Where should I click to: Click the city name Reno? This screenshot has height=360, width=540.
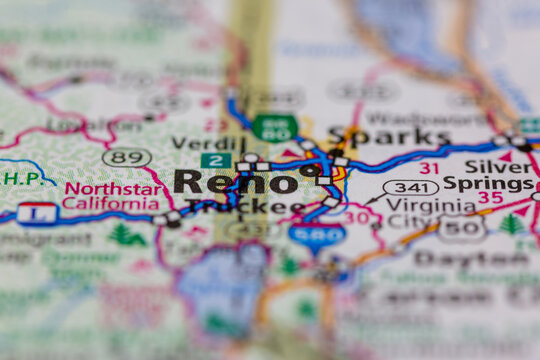235,181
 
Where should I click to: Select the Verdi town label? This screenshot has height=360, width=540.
208,143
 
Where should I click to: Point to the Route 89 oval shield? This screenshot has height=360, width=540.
127,157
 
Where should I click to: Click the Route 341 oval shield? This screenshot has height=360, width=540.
411,187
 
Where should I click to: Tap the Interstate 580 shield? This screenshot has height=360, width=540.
317,235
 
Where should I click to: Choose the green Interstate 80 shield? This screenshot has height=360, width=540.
274,128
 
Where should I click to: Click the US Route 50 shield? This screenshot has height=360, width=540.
461,229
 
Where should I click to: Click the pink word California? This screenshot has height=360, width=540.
110,203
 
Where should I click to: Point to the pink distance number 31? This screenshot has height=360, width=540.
429,167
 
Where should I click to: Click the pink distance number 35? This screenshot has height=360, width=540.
489,197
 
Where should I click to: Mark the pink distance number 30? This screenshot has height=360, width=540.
356,217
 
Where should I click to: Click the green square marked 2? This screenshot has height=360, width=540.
215,160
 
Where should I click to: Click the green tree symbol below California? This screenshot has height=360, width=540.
126,235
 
